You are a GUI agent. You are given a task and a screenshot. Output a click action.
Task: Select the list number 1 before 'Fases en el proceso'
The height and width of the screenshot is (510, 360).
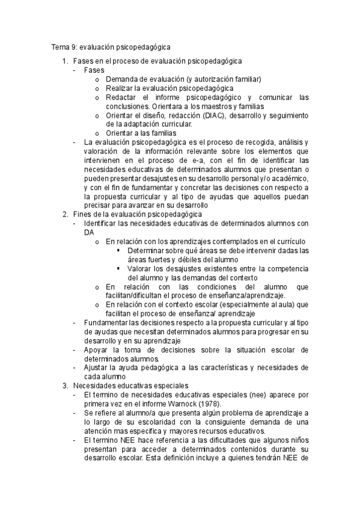65,61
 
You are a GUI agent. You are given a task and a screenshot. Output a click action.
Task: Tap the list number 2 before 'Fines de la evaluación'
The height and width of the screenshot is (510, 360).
65,214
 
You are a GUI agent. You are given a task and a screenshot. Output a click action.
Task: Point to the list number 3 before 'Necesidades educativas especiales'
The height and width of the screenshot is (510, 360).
65,386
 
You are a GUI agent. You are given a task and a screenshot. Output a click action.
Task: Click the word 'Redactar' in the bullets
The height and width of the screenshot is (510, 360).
120,97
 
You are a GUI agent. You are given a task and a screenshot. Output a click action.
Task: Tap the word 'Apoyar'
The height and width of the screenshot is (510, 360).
97,349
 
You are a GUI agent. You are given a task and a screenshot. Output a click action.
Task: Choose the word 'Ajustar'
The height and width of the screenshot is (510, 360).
97,367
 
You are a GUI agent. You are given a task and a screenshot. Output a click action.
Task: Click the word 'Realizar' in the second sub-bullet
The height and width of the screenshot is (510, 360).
119,88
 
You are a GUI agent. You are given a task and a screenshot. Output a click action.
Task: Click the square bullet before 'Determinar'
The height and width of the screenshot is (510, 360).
119,250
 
